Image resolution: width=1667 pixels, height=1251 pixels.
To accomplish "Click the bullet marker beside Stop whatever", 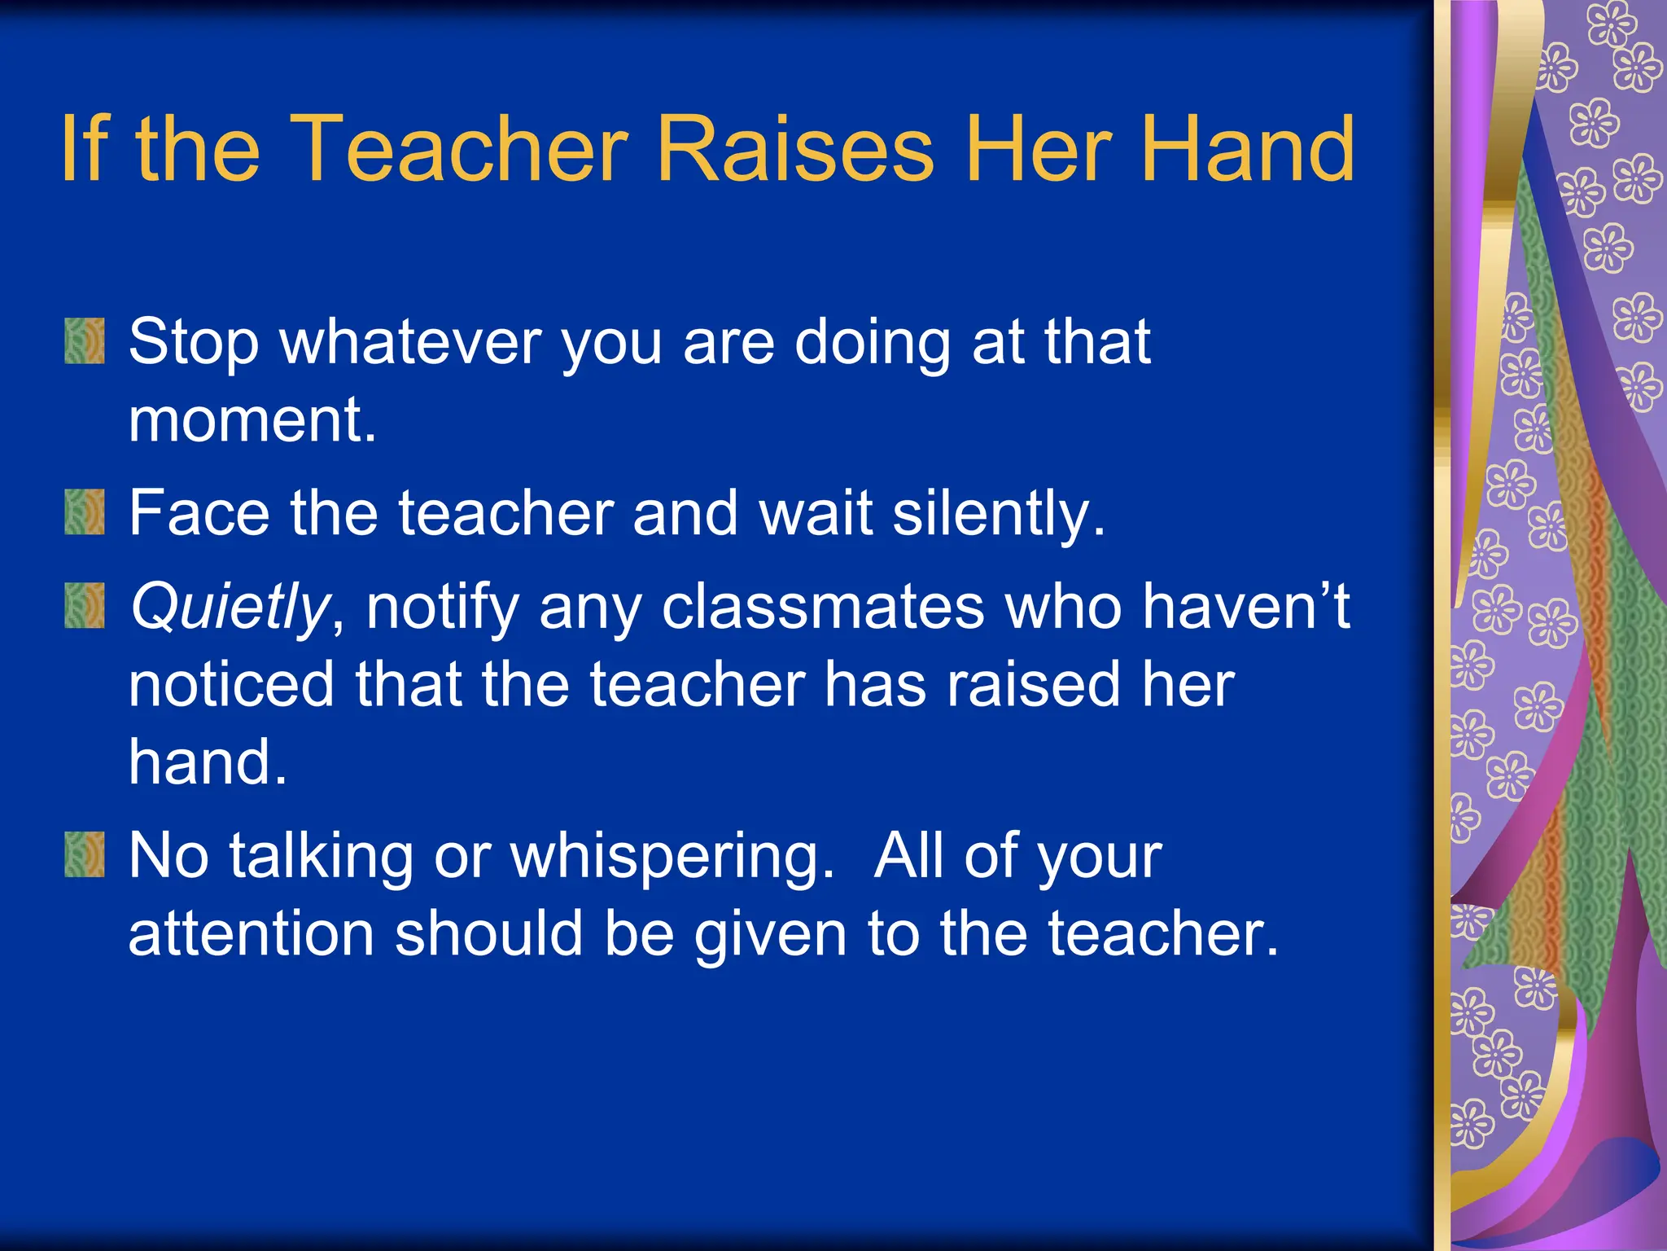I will point(85,340).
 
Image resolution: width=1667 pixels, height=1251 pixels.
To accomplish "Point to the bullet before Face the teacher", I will point(85,511).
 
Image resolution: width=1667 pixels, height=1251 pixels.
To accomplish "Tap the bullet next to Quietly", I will point(85,605).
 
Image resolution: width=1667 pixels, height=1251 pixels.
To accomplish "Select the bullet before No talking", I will point(85,854).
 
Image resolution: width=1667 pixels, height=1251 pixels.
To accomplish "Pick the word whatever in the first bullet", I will point(411,342).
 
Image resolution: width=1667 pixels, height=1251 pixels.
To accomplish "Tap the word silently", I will point(1000,515).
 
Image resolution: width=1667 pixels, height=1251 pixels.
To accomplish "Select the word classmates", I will point(823,608).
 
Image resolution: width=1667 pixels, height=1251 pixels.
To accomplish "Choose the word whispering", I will point(672,857).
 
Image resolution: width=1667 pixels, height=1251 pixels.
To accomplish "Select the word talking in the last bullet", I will point(321,857).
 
